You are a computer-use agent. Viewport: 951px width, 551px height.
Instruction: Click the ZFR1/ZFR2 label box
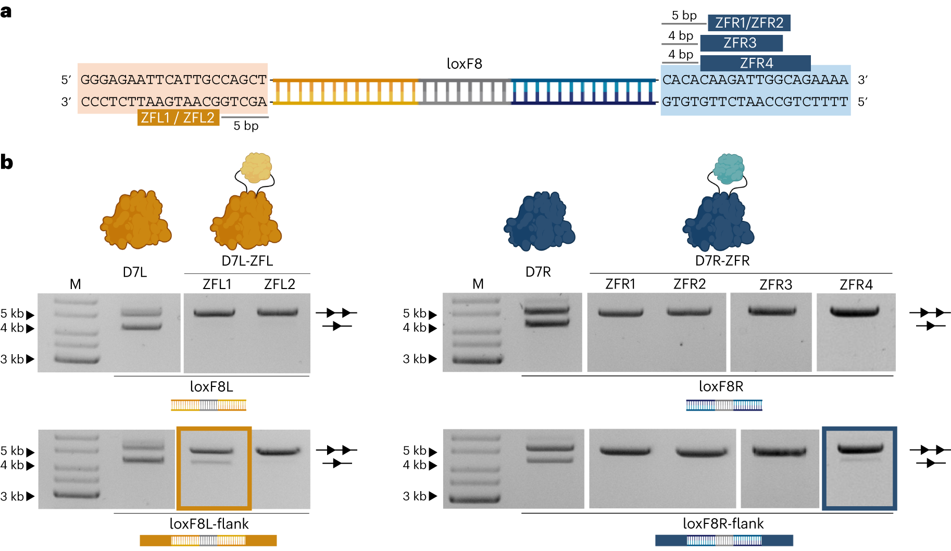pyautogui.click(x=749, y=23)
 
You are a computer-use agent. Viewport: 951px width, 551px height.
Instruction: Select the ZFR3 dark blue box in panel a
pyautogui.click(x=741, y=43)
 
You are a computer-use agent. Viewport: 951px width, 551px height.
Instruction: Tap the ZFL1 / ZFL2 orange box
pyautogui.click(x=178, y=118)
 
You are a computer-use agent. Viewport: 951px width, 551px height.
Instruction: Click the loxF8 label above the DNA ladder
pyautogui.click(x=464, y=64)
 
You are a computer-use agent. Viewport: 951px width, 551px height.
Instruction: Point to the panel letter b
pyautogui.click(x=7, y=162)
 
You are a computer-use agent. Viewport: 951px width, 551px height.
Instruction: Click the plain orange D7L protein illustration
pyautogui.click(x=136, y=219)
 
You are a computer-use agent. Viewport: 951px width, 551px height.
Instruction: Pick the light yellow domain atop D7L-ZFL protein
pyautogui.click(x=256, y=167)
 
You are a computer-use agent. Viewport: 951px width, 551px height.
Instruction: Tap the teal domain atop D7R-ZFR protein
pyautogui.click(x=729, y=168)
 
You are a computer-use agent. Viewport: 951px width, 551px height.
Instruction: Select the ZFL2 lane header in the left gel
pyautogui.click(x=279, y=284)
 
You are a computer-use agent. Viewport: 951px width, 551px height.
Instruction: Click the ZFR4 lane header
pyautogui.click(x=856, y=285)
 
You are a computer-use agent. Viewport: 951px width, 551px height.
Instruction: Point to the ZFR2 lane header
pyautogui.click(x=689, y=284)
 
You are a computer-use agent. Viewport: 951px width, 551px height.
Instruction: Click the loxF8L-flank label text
pyautogui.click(x=209, y=524)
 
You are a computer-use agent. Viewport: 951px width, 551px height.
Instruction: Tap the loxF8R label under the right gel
pyautogui.click(x=721, y=386)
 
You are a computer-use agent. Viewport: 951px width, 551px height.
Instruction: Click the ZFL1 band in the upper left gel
pyautogui.click(x=214, y=313)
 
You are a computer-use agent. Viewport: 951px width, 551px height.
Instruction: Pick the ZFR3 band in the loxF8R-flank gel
pyautogui.click(x=779, y=451)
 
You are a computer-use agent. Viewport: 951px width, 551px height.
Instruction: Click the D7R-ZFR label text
pyautogui.click(x=722, y=261)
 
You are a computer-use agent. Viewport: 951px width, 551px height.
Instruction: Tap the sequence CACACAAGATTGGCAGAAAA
pyautogui.click(x=755, y=80)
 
